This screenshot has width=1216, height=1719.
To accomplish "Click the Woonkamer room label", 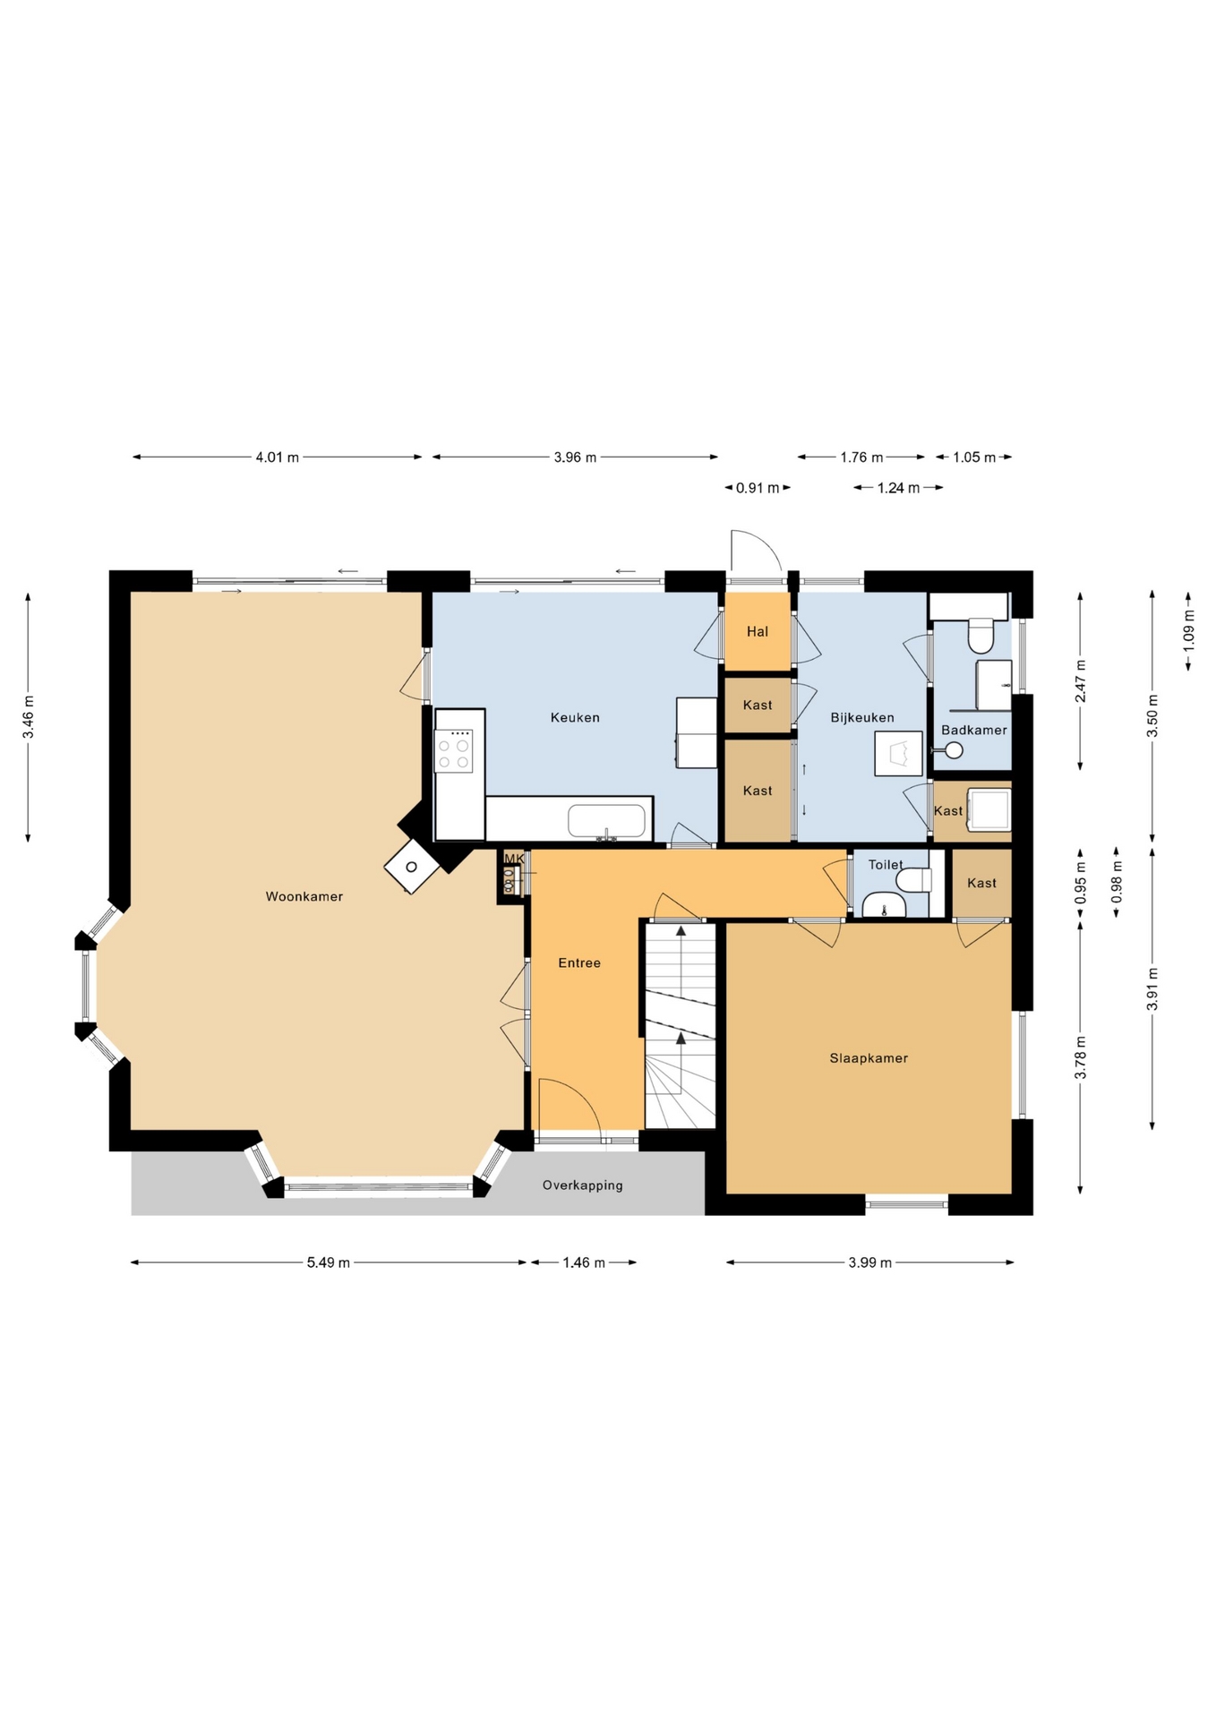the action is [304, 896].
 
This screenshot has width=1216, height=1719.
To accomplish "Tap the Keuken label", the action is [575, 717].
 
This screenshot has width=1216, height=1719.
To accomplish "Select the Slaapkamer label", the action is [869, 1058].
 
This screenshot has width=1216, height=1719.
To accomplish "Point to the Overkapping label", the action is [582, 1185].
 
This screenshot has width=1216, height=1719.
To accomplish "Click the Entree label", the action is [579, 963].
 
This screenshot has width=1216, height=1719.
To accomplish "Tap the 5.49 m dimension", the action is [329, 1262].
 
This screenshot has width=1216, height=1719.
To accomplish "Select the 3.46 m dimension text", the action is [29, 717].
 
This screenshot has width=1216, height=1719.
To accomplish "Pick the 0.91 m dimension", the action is [758, 488].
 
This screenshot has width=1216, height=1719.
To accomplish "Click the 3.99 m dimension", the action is [870, 1262].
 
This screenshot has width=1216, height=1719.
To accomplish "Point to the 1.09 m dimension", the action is [1188, 629].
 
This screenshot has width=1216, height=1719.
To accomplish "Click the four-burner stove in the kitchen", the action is [454, 750].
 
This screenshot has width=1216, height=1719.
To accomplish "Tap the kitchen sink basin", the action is [607, 822].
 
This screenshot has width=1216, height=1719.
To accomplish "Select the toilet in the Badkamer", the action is [981, 636].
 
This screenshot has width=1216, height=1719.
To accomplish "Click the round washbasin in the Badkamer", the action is [954, 750].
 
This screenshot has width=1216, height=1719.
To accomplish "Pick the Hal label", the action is [758, 631].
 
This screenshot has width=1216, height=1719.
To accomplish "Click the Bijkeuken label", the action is [862, 717].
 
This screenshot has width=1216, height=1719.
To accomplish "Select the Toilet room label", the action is [886, 864].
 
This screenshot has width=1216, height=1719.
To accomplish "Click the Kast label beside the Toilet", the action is [981, 883].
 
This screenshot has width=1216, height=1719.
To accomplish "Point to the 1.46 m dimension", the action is [584, 1262].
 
